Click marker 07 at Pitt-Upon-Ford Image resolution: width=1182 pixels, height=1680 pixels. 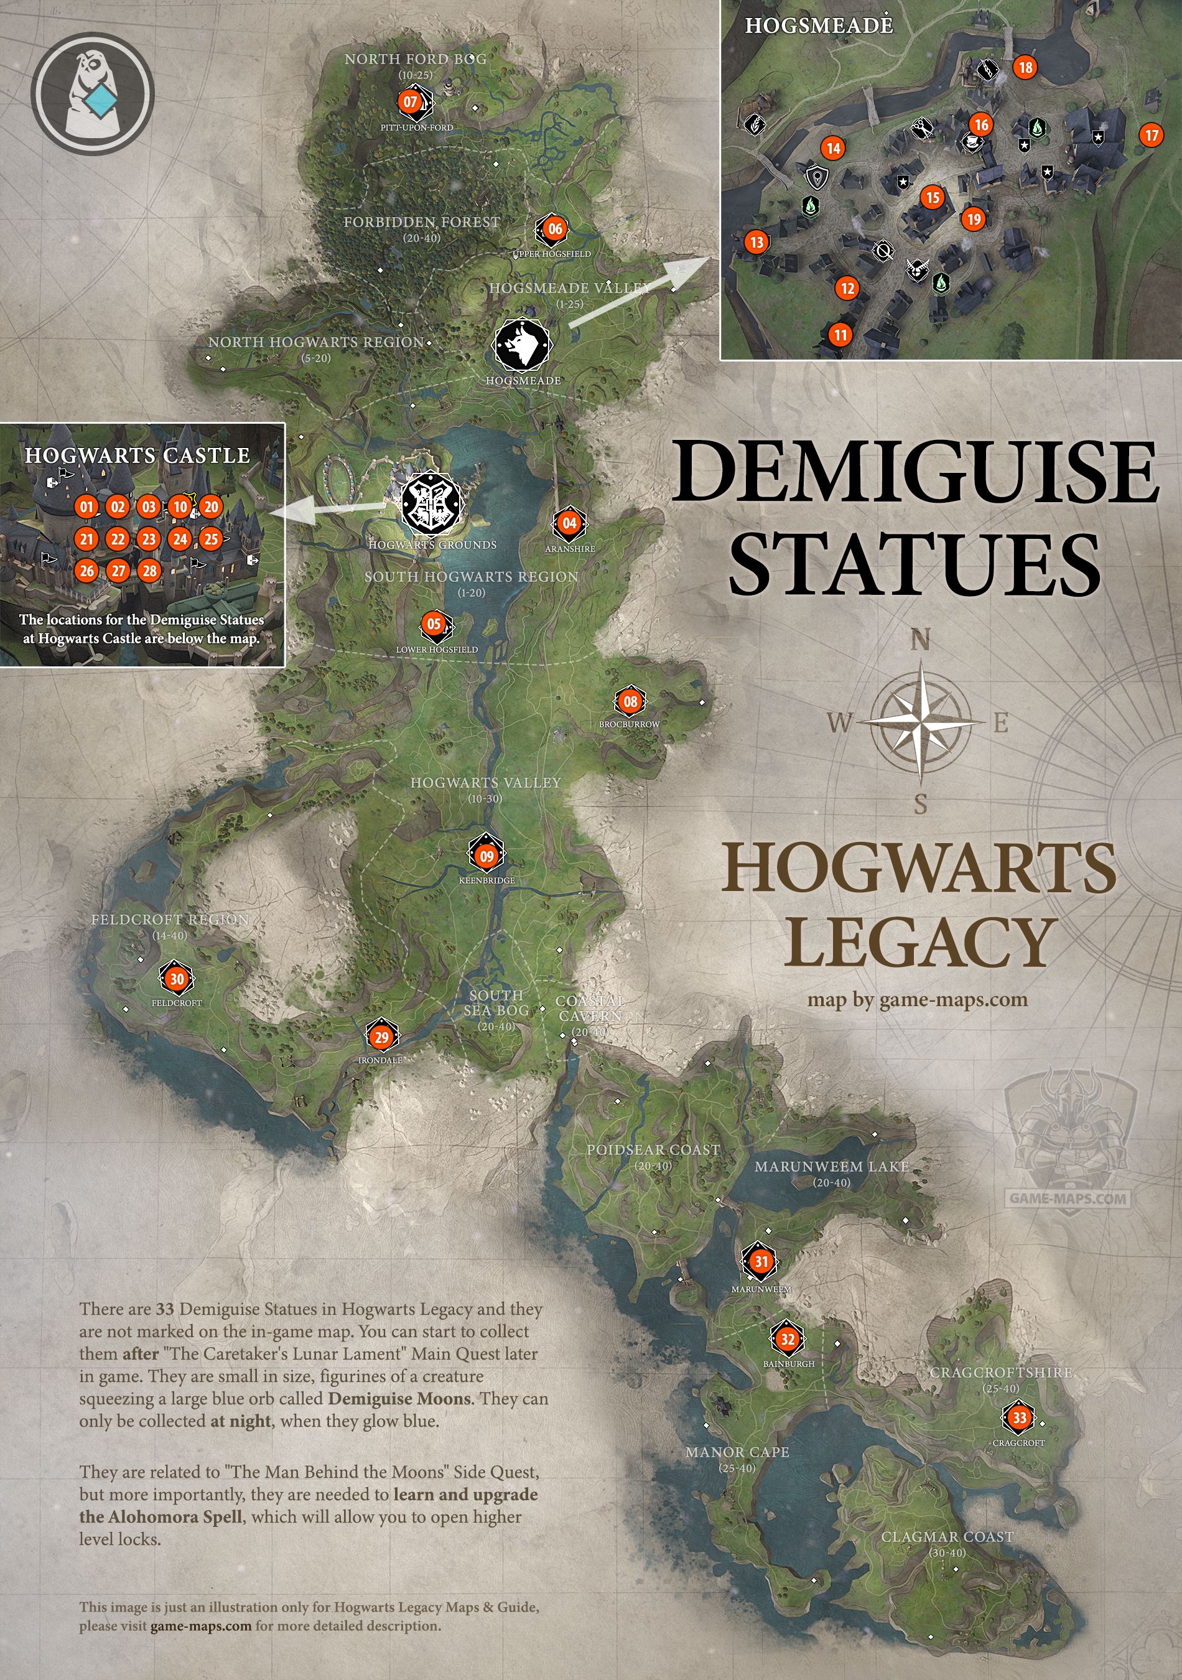click(411, 103)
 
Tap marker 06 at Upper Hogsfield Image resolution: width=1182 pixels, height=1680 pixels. click(555, 229)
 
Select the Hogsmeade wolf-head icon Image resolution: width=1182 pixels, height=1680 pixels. click(522, 345)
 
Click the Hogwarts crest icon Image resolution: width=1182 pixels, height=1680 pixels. click(432, 504)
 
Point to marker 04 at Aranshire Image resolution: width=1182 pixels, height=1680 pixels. click(569, 523)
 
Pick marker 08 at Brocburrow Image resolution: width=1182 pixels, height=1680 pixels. click(630, 702)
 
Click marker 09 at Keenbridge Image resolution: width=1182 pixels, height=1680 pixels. click(487, 856)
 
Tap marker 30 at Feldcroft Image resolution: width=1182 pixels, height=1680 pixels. click(177, 979)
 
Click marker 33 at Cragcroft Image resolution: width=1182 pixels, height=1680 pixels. click(1020, 1418)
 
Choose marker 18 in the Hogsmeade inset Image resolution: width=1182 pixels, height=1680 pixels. click(1025, 67)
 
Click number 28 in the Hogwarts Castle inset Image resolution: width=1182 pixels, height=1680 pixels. click(150, 571)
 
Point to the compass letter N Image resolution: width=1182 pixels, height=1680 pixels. click(920, 641)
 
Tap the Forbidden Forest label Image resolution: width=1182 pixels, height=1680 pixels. click(422, 222)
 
